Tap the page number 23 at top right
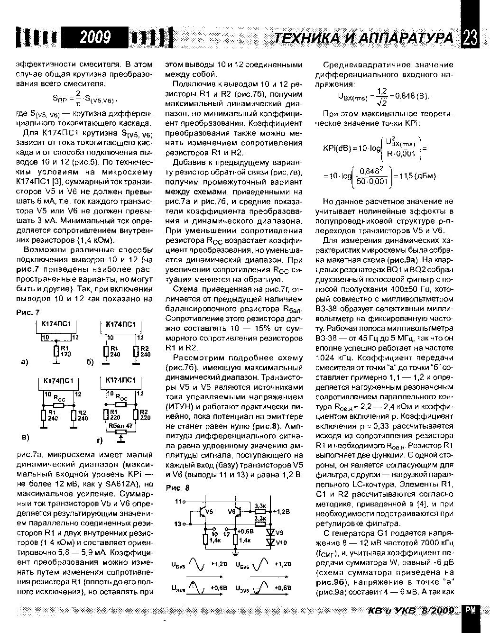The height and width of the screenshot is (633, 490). click(470, 38)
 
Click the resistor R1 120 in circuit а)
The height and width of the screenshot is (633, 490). click(55, 351)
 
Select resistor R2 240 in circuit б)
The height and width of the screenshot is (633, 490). click(137, 351)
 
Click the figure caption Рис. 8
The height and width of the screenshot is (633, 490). click(177, 488)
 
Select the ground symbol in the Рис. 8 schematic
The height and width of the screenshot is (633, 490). click(235, 552)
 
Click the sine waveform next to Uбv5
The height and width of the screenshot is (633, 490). click(196, 564)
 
